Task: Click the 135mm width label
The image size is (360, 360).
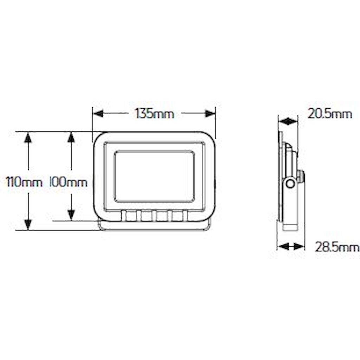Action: tap(154, 114)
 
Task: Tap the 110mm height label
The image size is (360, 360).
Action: tap(24, 182)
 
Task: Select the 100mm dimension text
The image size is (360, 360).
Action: tap(69, 182)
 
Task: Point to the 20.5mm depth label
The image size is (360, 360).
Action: tap(330, 114)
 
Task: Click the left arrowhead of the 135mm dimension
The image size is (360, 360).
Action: tap(98, 114)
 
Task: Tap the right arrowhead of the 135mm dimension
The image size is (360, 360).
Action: tap(210, 114)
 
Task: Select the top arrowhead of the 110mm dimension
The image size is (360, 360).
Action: tap(28, 138)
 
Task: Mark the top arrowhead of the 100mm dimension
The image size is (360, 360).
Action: tap(71, 137)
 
